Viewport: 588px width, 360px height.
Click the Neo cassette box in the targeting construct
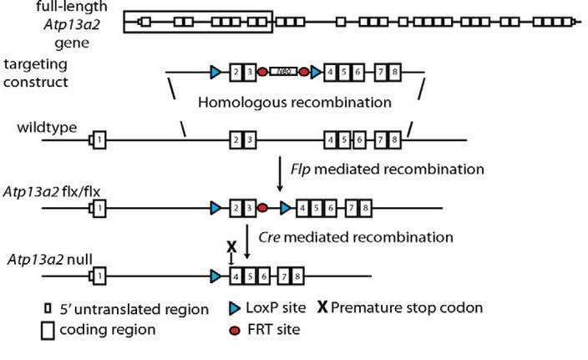[284, 73]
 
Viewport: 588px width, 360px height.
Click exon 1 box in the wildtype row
[99, 138]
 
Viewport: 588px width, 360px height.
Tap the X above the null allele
[231, 247]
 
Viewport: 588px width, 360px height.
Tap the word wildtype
[47, 127]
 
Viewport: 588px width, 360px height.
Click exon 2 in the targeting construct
[237, 73]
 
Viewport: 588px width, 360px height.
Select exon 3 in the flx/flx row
[249, 206]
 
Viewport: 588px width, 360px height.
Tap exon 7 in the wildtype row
[381, 138]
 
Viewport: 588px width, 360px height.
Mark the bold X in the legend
[322, 307]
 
